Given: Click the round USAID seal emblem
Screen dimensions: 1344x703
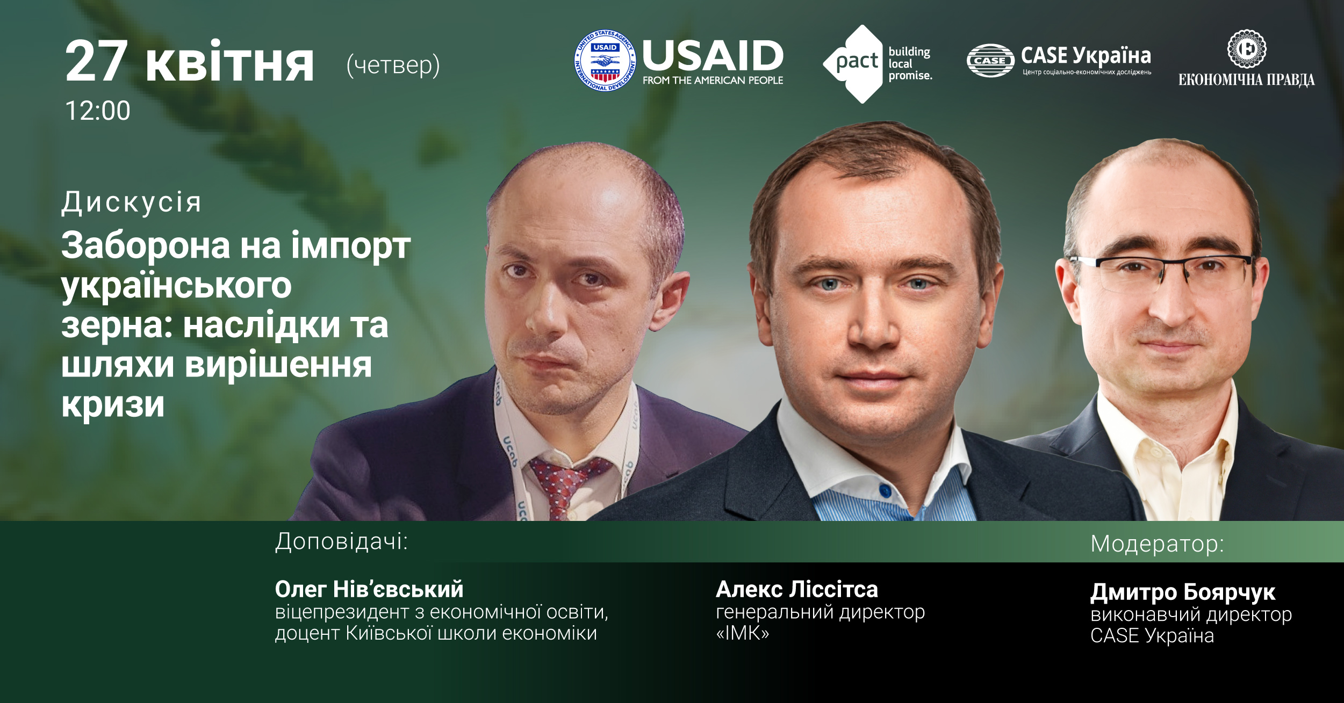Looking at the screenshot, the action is pos(605,61).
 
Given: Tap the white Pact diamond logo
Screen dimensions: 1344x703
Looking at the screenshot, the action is pos(853,63).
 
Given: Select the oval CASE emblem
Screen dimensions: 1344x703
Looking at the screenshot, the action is pos(990,61).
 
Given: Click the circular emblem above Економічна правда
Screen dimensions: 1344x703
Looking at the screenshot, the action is pos(1247,49).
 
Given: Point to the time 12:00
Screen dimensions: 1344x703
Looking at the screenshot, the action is pos(97,111).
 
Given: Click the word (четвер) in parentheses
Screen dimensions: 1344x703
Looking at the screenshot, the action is pos(393,66).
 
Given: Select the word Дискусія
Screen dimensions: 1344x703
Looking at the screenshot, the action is pos(131,202).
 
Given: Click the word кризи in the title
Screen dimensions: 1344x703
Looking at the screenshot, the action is pos(113,404).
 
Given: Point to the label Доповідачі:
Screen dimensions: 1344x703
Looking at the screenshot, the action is pos(341,542).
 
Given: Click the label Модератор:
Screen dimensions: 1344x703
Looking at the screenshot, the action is pos(1157,544).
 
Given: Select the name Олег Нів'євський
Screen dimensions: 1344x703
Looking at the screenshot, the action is pos(369,589).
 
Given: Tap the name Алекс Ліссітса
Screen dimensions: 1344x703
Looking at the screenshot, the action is pos(797,589).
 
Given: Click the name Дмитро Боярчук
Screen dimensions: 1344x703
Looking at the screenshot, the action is pos(1183,592).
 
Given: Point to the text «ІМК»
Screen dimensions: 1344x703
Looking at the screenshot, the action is pos(742,633).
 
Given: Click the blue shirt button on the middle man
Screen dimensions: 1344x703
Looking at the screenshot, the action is pos(885,491).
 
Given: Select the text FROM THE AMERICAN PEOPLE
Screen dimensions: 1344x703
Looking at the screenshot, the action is pos(713,81).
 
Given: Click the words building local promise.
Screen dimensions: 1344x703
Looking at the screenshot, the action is pos(910,63).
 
